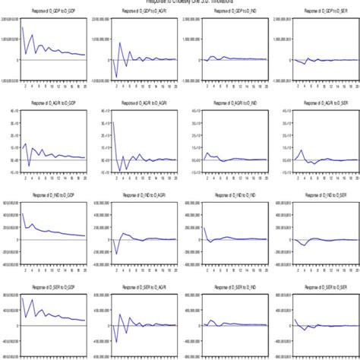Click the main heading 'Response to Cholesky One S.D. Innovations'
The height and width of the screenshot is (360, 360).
click(180, 2)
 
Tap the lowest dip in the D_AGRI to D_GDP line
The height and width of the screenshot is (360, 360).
click(29, 166)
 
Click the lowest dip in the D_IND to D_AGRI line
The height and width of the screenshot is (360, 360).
click(118, 254)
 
